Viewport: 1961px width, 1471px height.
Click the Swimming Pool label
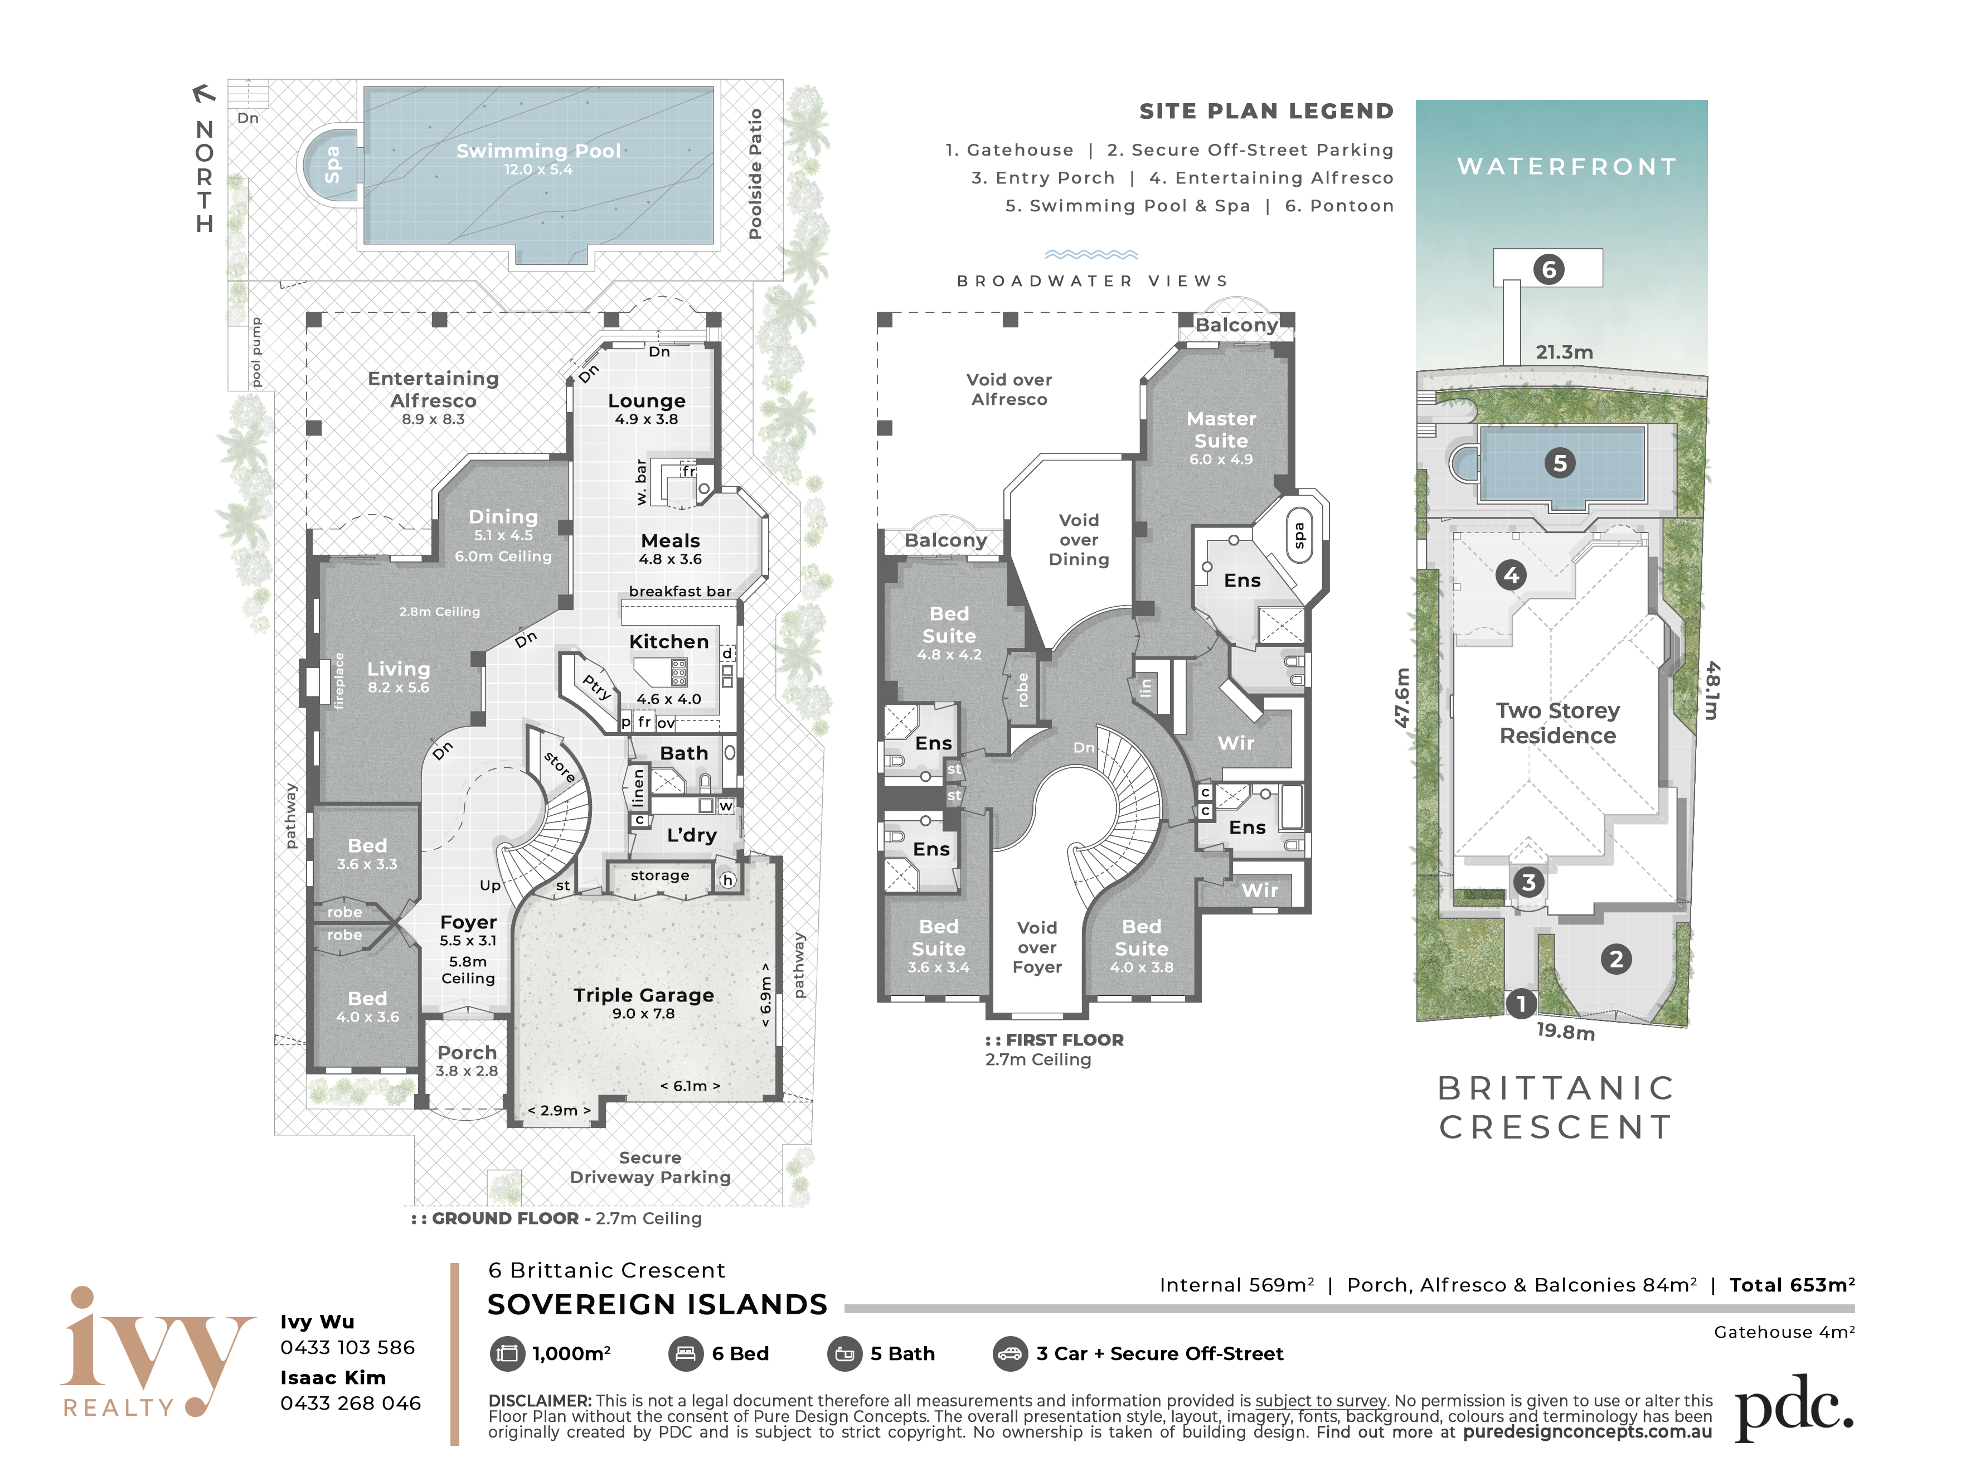pyautogui.click(x=538, y=151)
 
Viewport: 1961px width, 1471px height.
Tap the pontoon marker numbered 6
pyautogui.click(x=1548, y=269)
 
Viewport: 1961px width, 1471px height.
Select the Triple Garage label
pyautogui.click(x=644, y=995)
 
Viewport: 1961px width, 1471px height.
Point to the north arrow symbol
pyautogui.click(x=204, y=92)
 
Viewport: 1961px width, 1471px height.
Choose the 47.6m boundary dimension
pyautogui.click(x=1401, y=697)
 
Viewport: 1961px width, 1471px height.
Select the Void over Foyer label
pyautogui.click(x=1036, y=947)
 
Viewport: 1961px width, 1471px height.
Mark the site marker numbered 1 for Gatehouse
pyautogui.click(x=1521, y=1004)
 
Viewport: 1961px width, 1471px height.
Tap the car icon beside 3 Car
pyautogui.click(x=1009, y=1354)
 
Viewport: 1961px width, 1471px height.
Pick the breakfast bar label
pyautogui.click(x=680, y=592)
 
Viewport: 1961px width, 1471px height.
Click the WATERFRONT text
pyautogui.click(x=1566, y=167)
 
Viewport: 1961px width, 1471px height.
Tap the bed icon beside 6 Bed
pyautogui.click(x=685, y=1354)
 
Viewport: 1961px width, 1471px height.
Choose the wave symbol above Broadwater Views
pyautogui.click(x=1090, y=254)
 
